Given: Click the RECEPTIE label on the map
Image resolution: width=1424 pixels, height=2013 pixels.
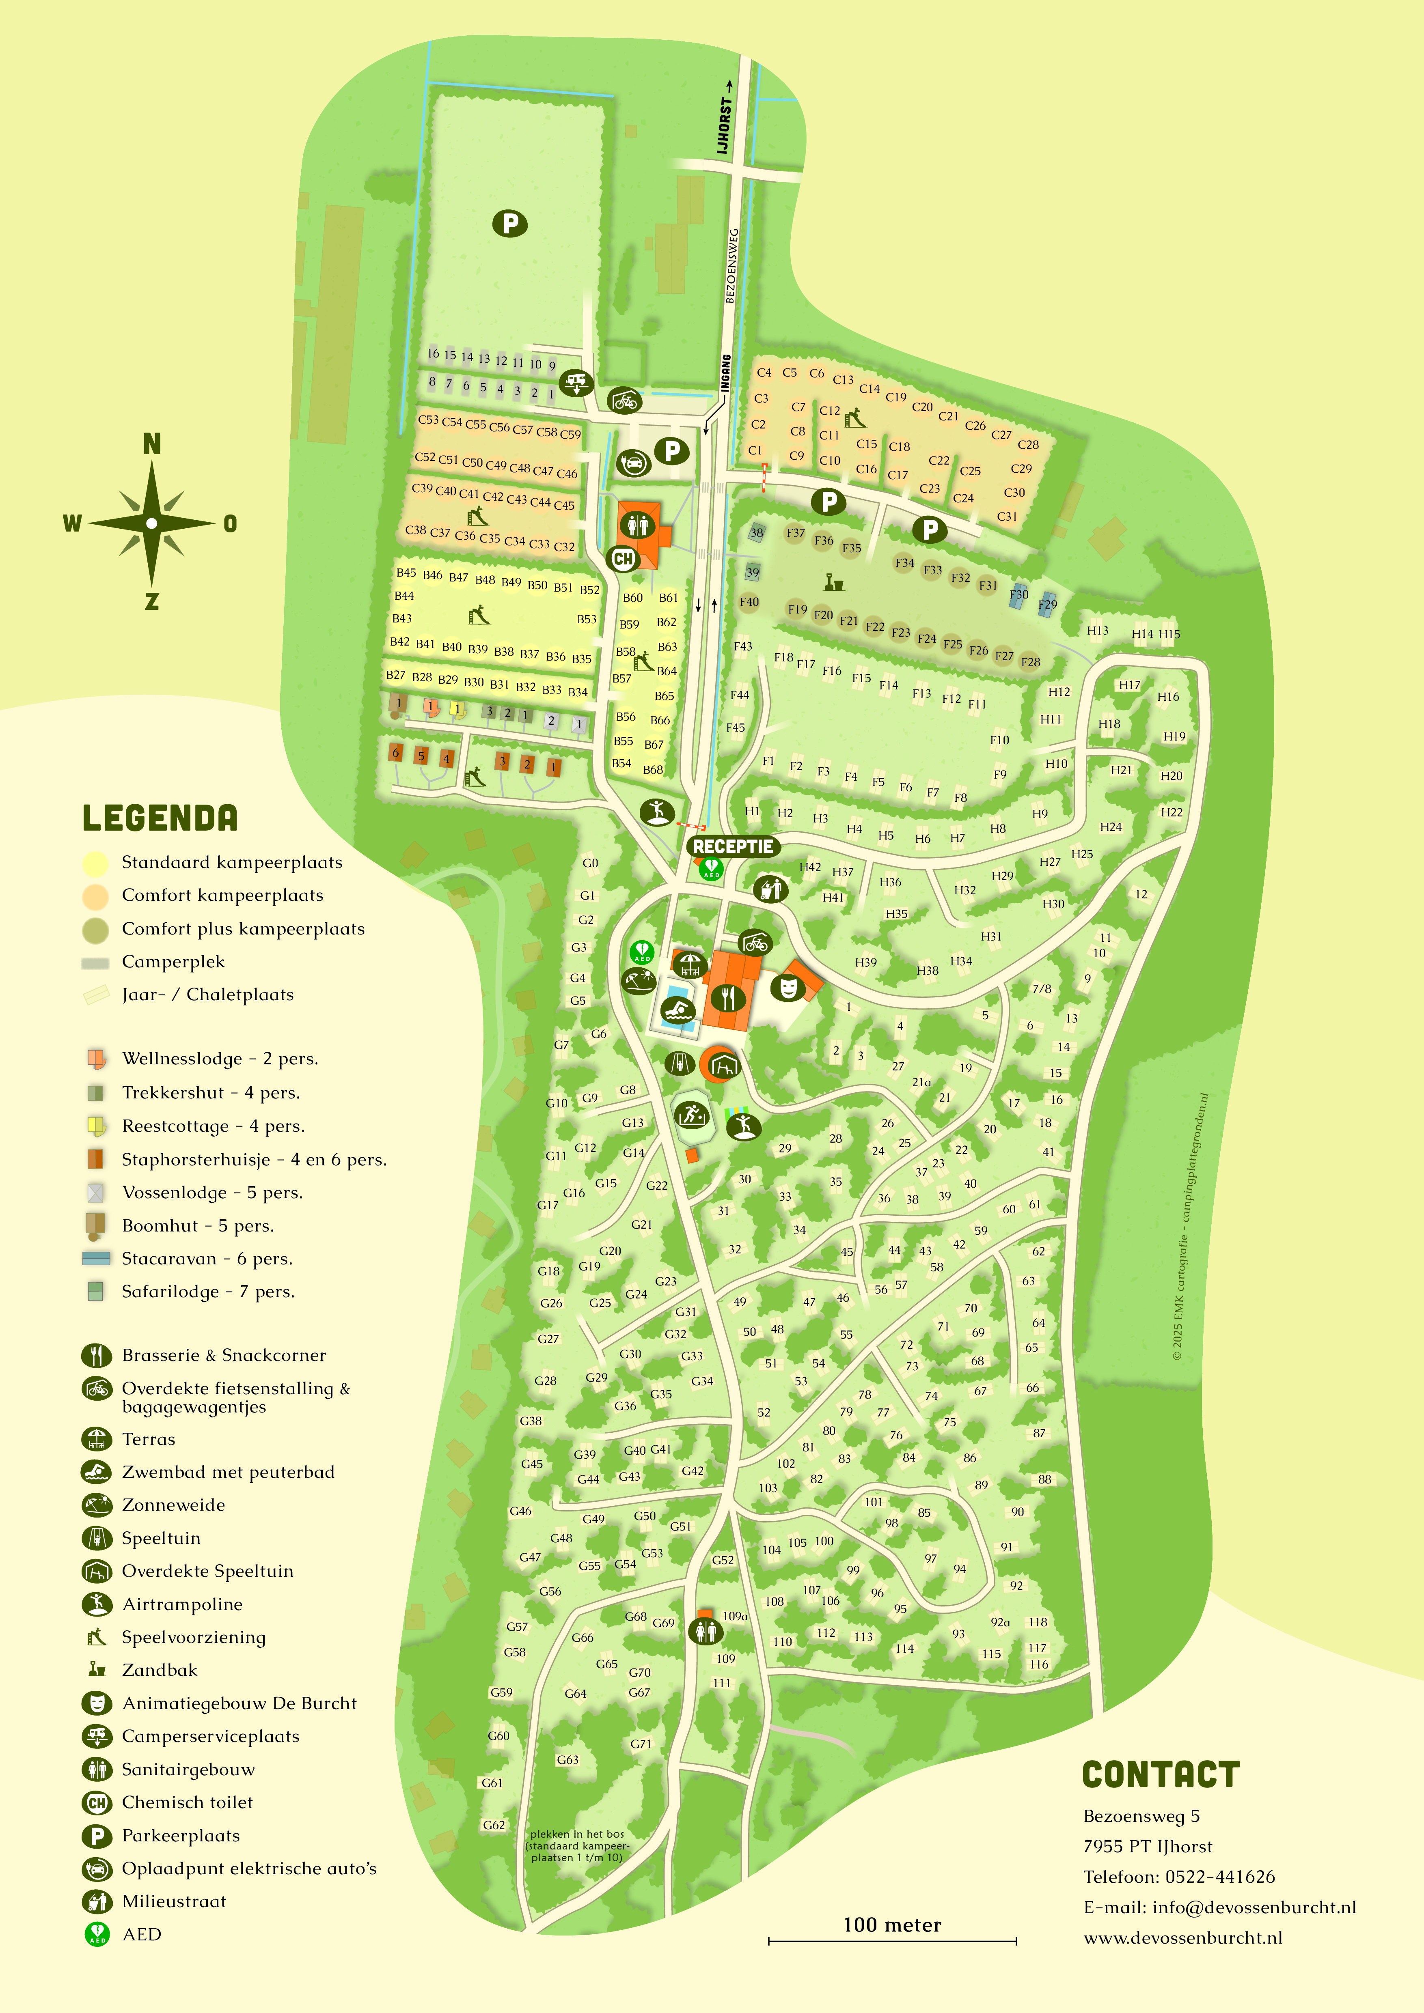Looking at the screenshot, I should click(733, 846).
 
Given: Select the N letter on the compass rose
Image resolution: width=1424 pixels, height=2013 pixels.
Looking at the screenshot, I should click(152, 444).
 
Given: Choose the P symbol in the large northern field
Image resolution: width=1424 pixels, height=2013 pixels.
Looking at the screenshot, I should click(509, 224).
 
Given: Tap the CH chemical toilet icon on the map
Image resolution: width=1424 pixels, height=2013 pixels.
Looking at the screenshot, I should click(624, 558).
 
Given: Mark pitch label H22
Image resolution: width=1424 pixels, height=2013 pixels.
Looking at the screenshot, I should click(1172, 812).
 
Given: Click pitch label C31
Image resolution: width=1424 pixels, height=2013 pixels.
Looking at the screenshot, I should click(1007, 517).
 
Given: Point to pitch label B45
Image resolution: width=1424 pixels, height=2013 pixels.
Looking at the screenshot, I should click(406, 573).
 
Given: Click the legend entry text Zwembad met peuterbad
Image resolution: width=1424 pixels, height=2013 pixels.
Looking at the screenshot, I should click(228, 1472).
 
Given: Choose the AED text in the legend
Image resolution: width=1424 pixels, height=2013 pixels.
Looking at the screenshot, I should click(142, 1934).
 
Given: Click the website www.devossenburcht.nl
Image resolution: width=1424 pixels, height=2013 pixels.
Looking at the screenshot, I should click(1183, 1938).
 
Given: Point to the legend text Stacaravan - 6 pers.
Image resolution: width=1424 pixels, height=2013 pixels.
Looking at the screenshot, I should click(207, 1259).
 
